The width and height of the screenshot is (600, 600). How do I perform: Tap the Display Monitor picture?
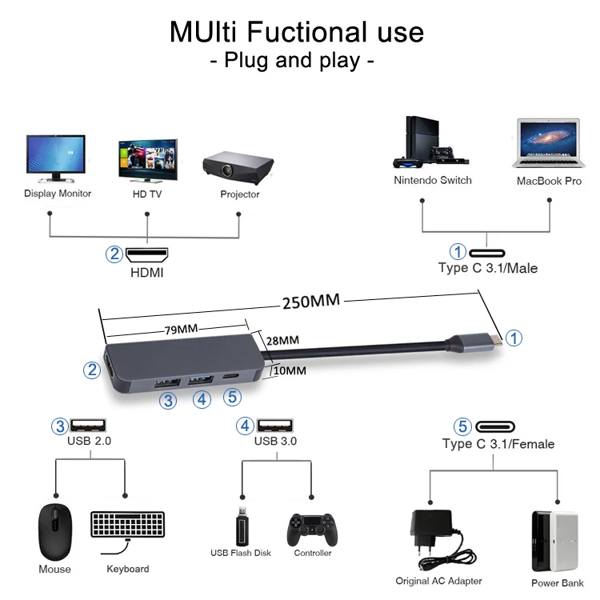[x=55, y=158]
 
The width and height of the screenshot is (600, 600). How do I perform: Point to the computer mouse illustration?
[x=55, y=532]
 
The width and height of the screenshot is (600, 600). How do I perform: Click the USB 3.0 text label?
[x=275, y=441]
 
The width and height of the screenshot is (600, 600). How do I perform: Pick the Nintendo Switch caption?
[x=433, y=180]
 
